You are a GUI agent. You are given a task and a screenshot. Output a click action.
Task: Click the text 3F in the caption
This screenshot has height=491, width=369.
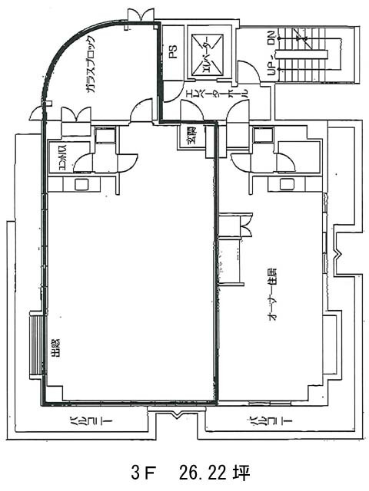point(139,470)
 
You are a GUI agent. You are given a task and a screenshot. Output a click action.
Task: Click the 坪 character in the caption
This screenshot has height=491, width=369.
point(244,470)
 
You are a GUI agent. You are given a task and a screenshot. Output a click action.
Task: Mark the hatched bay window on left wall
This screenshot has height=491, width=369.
point(36,345)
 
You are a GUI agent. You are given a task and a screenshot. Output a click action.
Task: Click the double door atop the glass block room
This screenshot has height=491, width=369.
point(141,15)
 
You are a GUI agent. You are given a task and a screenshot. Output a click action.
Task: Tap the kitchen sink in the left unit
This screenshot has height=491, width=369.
point(80,184)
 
